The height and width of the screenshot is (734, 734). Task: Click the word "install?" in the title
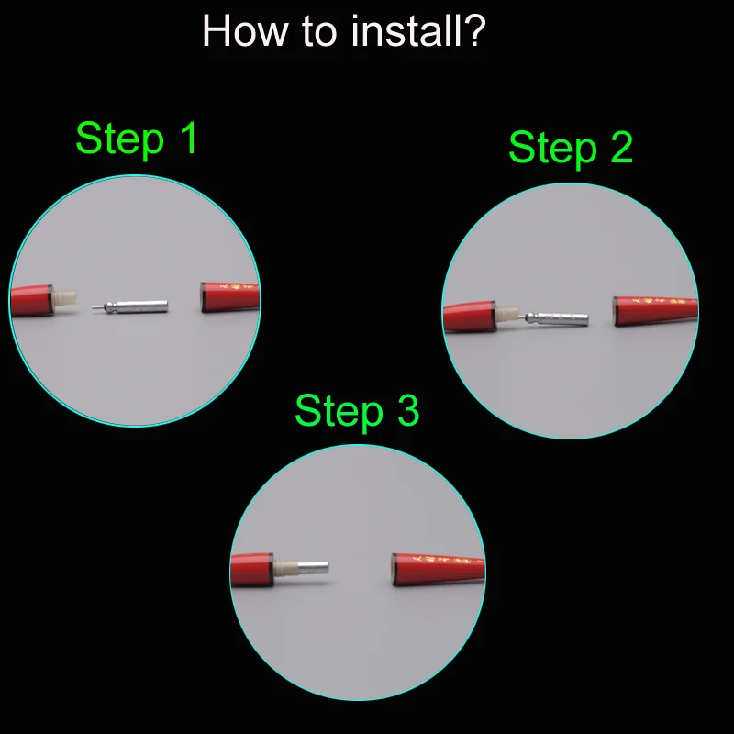point(418,31)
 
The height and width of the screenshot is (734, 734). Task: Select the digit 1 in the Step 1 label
point(190,138)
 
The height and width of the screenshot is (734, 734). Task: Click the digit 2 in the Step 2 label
point(622,147)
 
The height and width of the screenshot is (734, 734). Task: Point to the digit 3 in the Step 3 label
point(408,410)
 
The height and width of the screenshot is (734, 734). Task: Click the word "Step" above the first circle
point(120,139)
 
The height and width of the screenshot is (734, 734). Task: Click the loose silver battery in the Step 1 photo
point(130,307)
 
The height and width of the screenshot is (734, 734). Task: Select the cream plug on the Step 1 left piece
point(64,298)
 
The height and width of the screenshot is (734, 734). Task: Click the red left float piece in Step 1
point(31,300)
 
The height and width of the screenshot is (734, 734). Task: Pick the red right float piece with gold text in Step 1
point(230,296)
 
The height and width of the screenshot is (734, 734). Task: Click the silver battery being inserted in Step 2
point(555,318)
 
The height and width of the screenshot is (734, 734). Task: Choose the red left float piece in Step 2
point(469,317)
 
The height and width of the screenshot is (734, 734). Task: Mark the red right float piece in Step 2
point(655,310)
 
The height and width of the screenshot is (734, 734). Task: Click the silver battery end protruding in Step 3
point(313,568)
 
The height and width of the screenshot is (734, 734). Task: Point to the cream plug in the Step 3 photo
point(285,568)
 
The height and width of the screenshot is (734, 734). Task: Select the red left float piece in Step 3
point(251,569)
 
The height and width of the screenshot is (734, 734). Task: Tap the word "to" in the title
point(319,32)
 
